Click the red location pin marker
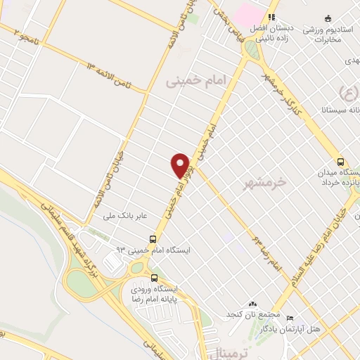click(181, 165)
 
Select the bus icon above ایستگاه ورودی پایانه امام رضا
click(154, 277)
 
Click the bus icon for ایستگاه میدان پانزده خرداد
click(340, 161)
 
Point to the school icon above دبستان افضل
click(270, 18)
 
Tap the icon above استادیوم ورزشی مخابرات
click(328, 18)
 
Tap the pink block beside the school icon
click(247, 13)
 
